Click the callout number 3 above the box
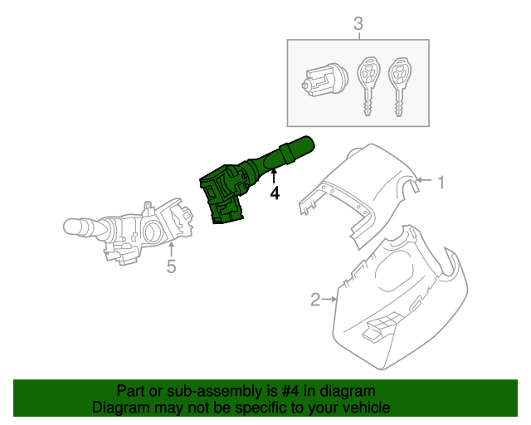point(358,25)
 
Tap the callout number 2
point(315,299)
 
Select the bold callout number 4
point(275,193)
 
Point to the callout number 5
point(171,266)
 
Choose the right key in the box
point(402,86)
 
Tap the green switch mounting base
point(222,195)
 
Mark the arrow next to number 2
point(330,298)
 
